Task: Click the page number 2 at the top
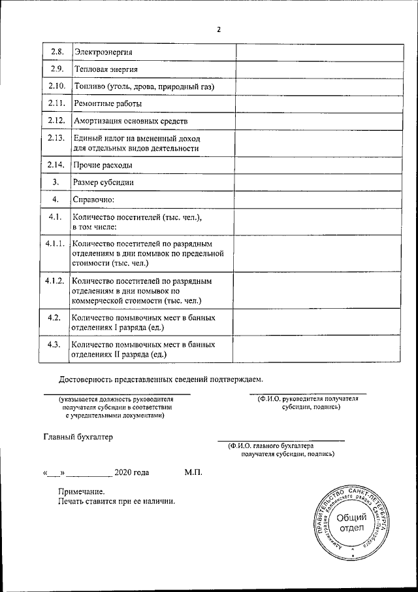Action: (x=219, y=29)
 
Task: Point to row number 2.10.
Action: (x=56, y=86)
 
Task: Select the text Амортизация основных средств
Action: (x=131, y=121)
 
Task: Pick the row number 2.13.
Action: (x=56, y=138)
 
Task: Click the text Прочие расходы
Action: (x=103, y=165)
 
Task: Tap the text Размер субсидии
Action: (x=104, y=183)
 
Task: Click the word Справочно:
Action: (x=94, y=200)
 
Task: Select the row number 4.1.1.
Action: (x=54, y=244)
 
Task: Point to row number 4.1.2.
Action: (x=54, y=281)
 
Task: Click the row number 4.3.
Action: (x=55, y=344)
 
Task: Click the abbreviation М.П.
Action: (x=194, y=472)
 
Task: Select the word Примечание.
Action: (x=81, y=491)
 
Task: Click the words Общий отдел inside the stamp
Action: (x=351, y=523)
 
